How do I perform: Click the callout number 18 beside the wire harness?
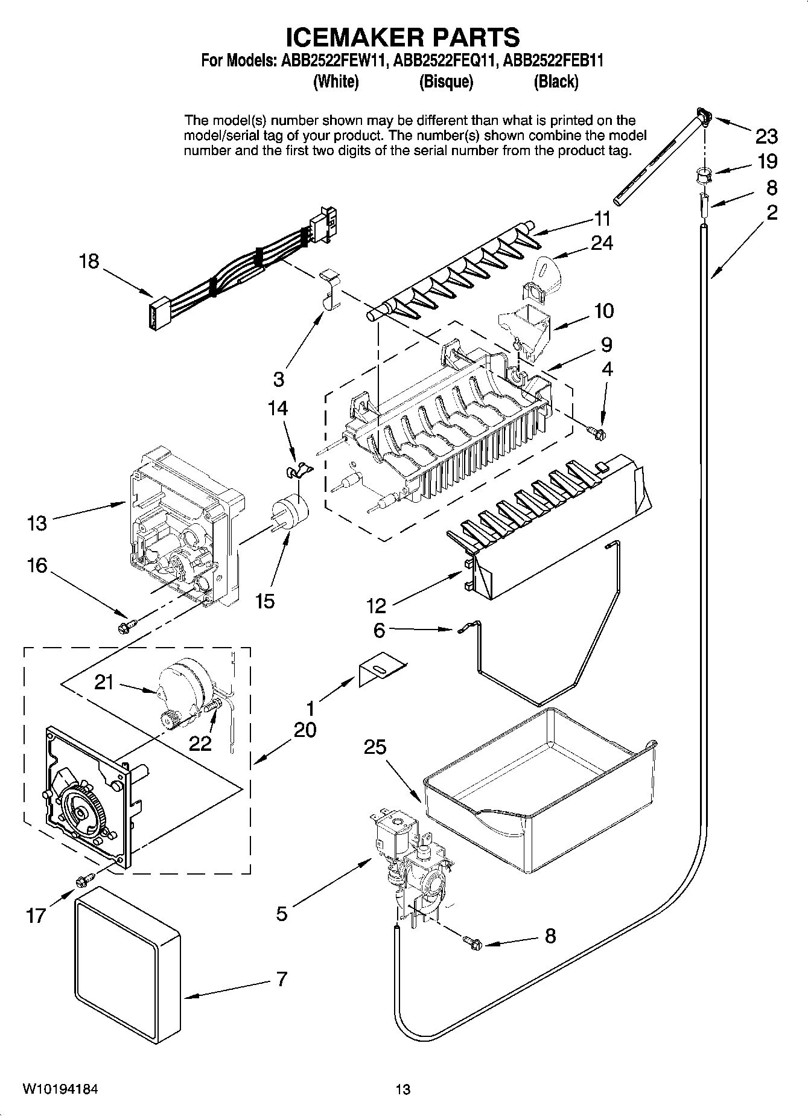(89, 261)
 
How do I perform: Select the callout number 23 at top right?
(766, 137)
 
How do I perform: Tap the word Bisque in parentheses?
(446, 82)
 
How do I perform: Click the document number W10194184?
(60, 1089)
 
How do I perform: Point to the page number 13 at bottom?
(403, 1089)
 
